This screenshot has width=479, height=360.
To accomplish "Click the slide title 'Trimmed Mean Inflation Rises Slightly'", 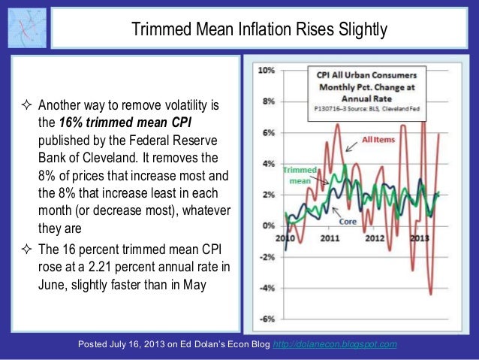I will coord(259,31).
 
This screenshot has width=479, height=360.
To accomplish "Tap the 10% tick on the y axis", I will coord(267,70).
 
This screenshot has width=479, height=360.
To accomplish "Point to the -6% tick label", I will coord(266,319).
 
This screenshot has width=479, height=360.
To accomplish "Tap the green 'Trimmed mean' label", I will coord(300,175).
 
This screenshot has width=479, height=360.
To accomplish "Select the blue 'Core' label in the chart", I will coord(348,222).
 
